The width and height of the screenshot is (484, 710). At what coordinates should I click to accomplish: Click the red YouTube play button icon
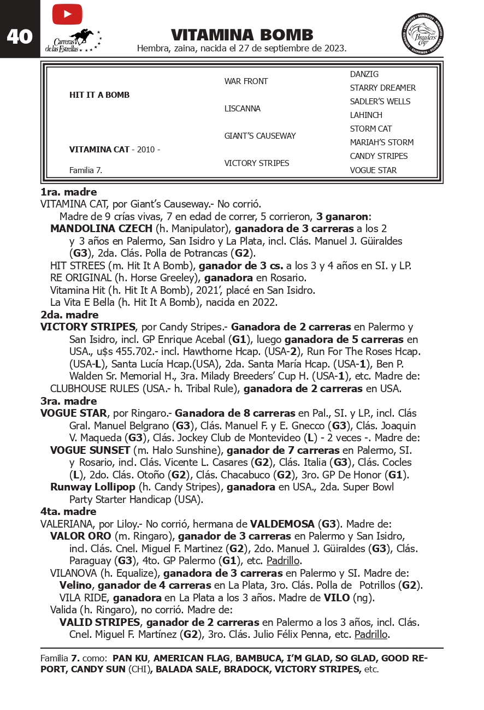point(67,14)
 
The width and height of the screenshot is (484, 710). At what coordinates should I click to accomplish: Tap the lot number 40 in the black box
point(20,37)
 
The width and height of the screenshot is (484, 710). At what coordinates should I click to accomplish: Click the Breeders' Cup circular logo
point(422,34)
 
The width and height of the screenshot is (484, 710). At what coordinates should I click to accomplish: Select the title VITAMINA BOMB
point(242,35)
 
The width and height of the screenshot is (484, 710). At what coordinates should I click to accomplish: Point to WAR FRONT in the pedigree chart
point(246,81)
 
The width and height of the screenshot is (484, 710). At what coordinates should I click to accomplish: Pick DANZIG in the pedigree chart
point(364,74)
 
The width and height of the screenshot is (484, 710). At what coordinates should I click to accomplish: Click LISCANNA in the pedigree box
point(243,109)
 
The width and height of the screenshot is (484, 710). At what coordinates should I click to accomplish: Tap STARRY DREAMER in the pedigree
point(382,88)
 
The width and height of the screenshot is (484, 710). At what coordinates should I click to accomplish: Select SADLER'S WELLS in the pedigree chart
point(380,102)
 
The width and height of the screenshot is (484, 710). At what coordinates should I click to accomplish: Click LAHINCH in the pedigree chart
point(366,115)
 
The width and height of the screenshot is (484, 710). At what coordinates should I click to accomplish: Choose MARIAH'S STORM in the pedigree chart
point(381,143)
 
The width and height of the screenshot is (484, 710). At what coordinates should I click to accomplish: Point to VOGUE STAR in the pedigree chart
point(373,170)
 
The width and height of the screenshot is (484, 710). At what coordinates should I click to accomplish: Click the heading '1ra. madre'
point(69,192)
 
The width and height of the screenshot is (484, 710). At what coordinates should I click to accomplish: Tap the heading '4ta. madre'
point(68,512)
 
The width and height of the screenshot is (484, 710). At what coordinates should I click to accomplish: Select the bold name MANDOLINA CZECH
point(102,228)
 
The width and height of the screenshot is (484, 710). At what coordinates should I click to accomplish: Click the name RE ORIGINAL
point(80,277)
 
